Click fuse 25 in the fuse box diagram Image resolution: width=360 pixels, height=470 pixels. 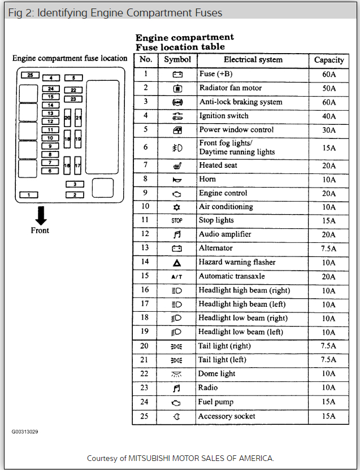pyautogui.click(x=30, y=75)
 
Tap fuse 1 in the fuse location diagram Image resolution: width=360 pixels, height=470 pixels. pyautogui.click(x=28, y=195)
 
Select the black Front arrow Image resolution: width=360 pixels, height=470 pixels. pyautogui.click(x=41, y=215)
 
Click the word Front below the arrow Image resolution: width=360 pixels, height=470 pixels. pyautogui.click(x=40, y=230)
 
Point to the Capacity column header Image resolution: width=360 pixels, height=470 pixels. pyautogui.click(x=329, y=60)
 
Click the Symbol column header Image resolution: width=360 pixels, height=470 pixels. pyautogui.click(x=177, y=59)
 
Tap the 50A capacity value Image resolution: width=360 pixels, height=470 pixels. pyautogui.click(x=329, y=89)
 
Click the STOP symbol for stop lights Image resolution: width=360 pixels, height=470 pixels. pyautogui.click(x=177, y=221)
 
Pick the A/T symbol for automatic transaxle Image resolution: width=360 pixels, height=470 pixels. pyautogui.click(x=177, y=277)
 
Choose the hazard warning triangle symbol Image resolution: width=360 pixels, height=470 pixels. pyautogui.click(x=177, y=263)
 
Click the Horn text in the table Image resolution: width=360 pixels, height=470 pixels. pyautogui.click(x=207, y=179)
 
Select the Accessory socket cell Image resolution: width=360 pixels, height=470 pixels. pyautogui.click(x=227, y=416)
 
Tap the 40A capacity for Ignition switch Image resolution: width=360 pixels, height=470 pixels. pyautogui.click(x=329, y=116)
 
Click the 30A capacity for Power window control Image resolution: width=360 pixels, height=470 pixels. pyautogui.click(x=329, y=130)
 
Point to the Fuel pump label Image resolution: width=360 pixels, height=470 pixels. pyautogui.click(x=216, y=402)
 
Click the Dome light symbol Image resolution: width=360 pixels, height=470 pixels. pyautogui.click(x=177, y=374)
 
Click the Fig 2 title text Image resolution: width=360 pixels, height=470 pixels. pyautogui.click(x=115, y=12)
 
